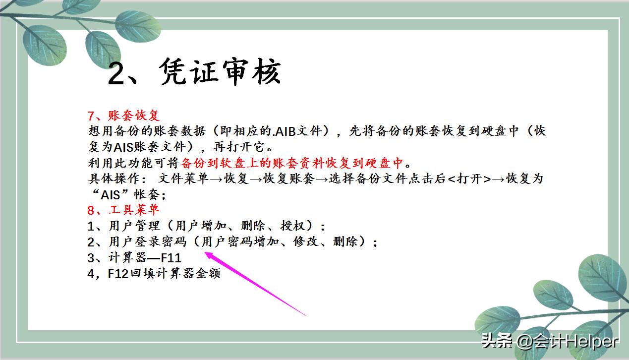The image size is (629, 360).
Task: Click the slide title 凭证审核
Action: click(x=220, y=72)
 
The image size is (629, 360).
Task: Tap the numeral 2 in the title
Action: click(x=120, y=73)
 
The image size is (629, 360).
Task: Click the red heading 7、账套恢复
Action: click(x=123, y=116)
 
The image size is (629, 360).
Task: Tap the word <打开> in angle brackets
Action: click(x=469, y=179)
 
